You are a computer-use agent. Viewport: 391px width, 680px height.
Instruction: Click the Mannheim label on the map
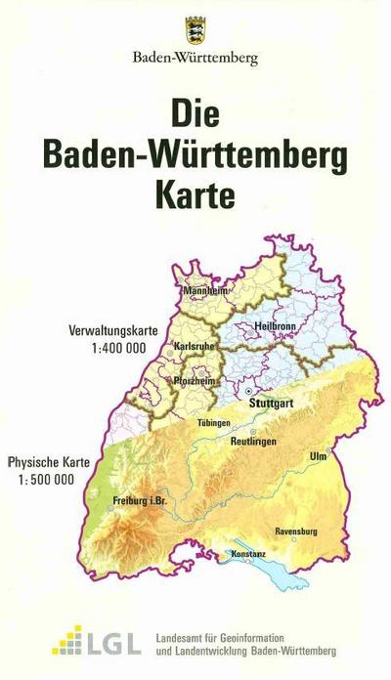tap(206, 290)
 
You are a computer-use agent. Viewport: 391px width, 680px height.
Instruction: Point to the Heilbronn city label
tap(274, 324)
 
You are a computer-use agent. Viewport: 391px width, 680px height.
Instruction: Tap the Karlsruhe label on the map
tap(194, 346)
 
